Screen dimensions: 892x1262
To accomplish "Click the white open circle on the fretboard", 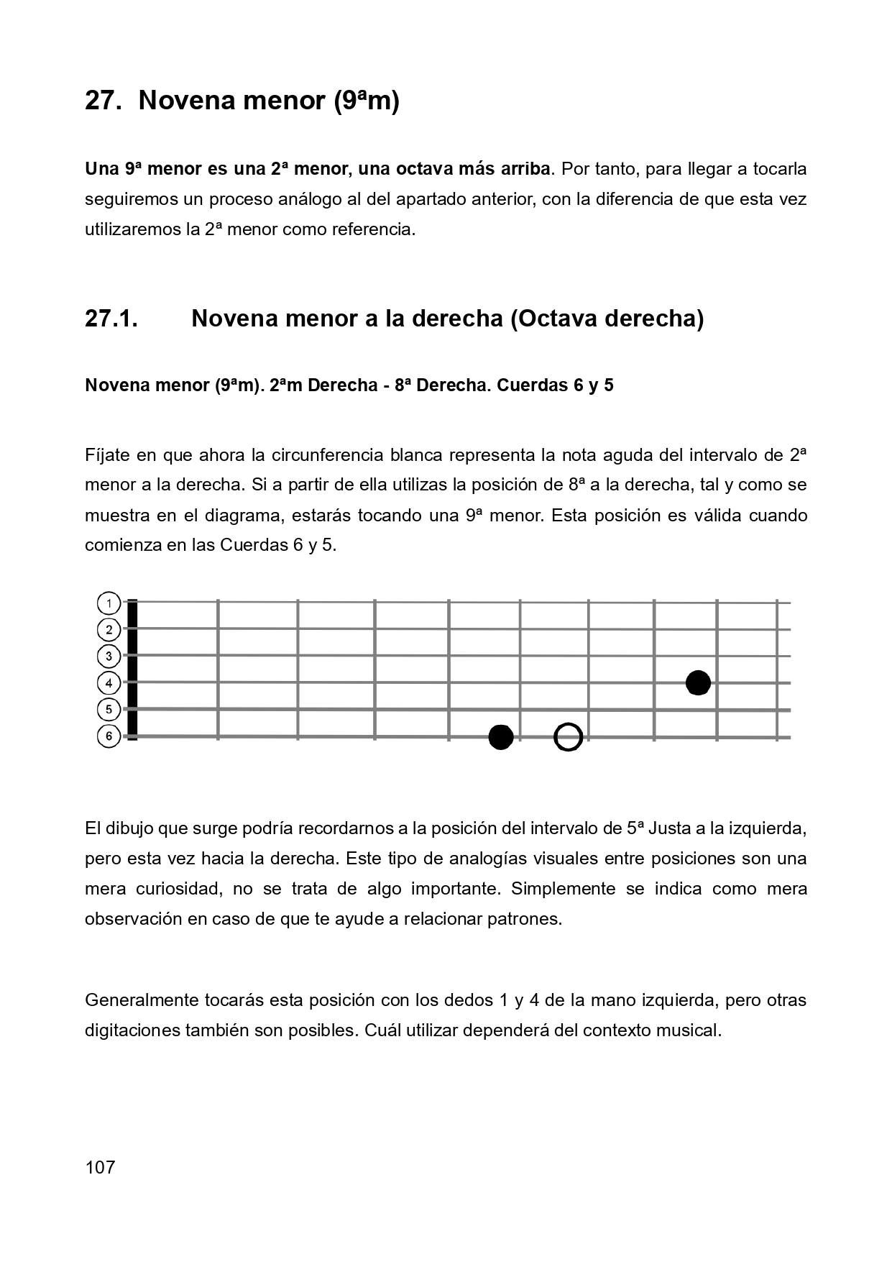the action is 568,736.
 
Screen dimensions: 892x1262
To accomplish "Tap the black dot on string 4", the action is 698,682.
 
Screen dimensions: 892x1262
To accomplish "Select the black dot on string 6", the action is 500,736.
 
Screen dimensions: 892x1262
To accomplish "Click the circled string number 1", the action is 109,603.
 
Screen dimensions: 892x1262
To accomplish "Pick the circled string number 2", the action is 109,630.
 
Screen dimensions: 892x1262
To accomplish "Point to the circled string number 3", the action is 109,656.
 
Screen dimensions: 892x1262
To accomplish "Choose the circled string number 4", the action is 109,682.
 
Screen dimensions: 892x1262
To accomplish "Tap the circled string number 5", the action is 109,709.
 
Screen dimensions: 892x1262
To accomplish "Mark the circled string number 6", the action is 109,736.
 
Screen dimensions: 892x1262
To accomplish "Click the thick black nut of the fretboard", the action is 132,669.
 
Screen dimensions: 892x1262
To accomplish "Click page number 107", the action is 100,1166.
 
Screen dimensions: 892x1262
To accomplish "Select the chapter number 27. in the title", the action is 102,101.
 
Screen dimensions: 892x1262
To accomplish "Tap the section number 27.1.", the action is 111,318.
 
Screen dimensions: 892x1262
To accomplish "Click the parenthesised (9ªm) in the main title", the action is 366,101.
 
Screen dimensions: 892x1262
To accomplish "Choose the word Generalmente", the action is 141,1000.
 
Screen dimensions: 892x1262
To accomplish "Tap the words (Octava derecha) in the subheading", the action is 607,318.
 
